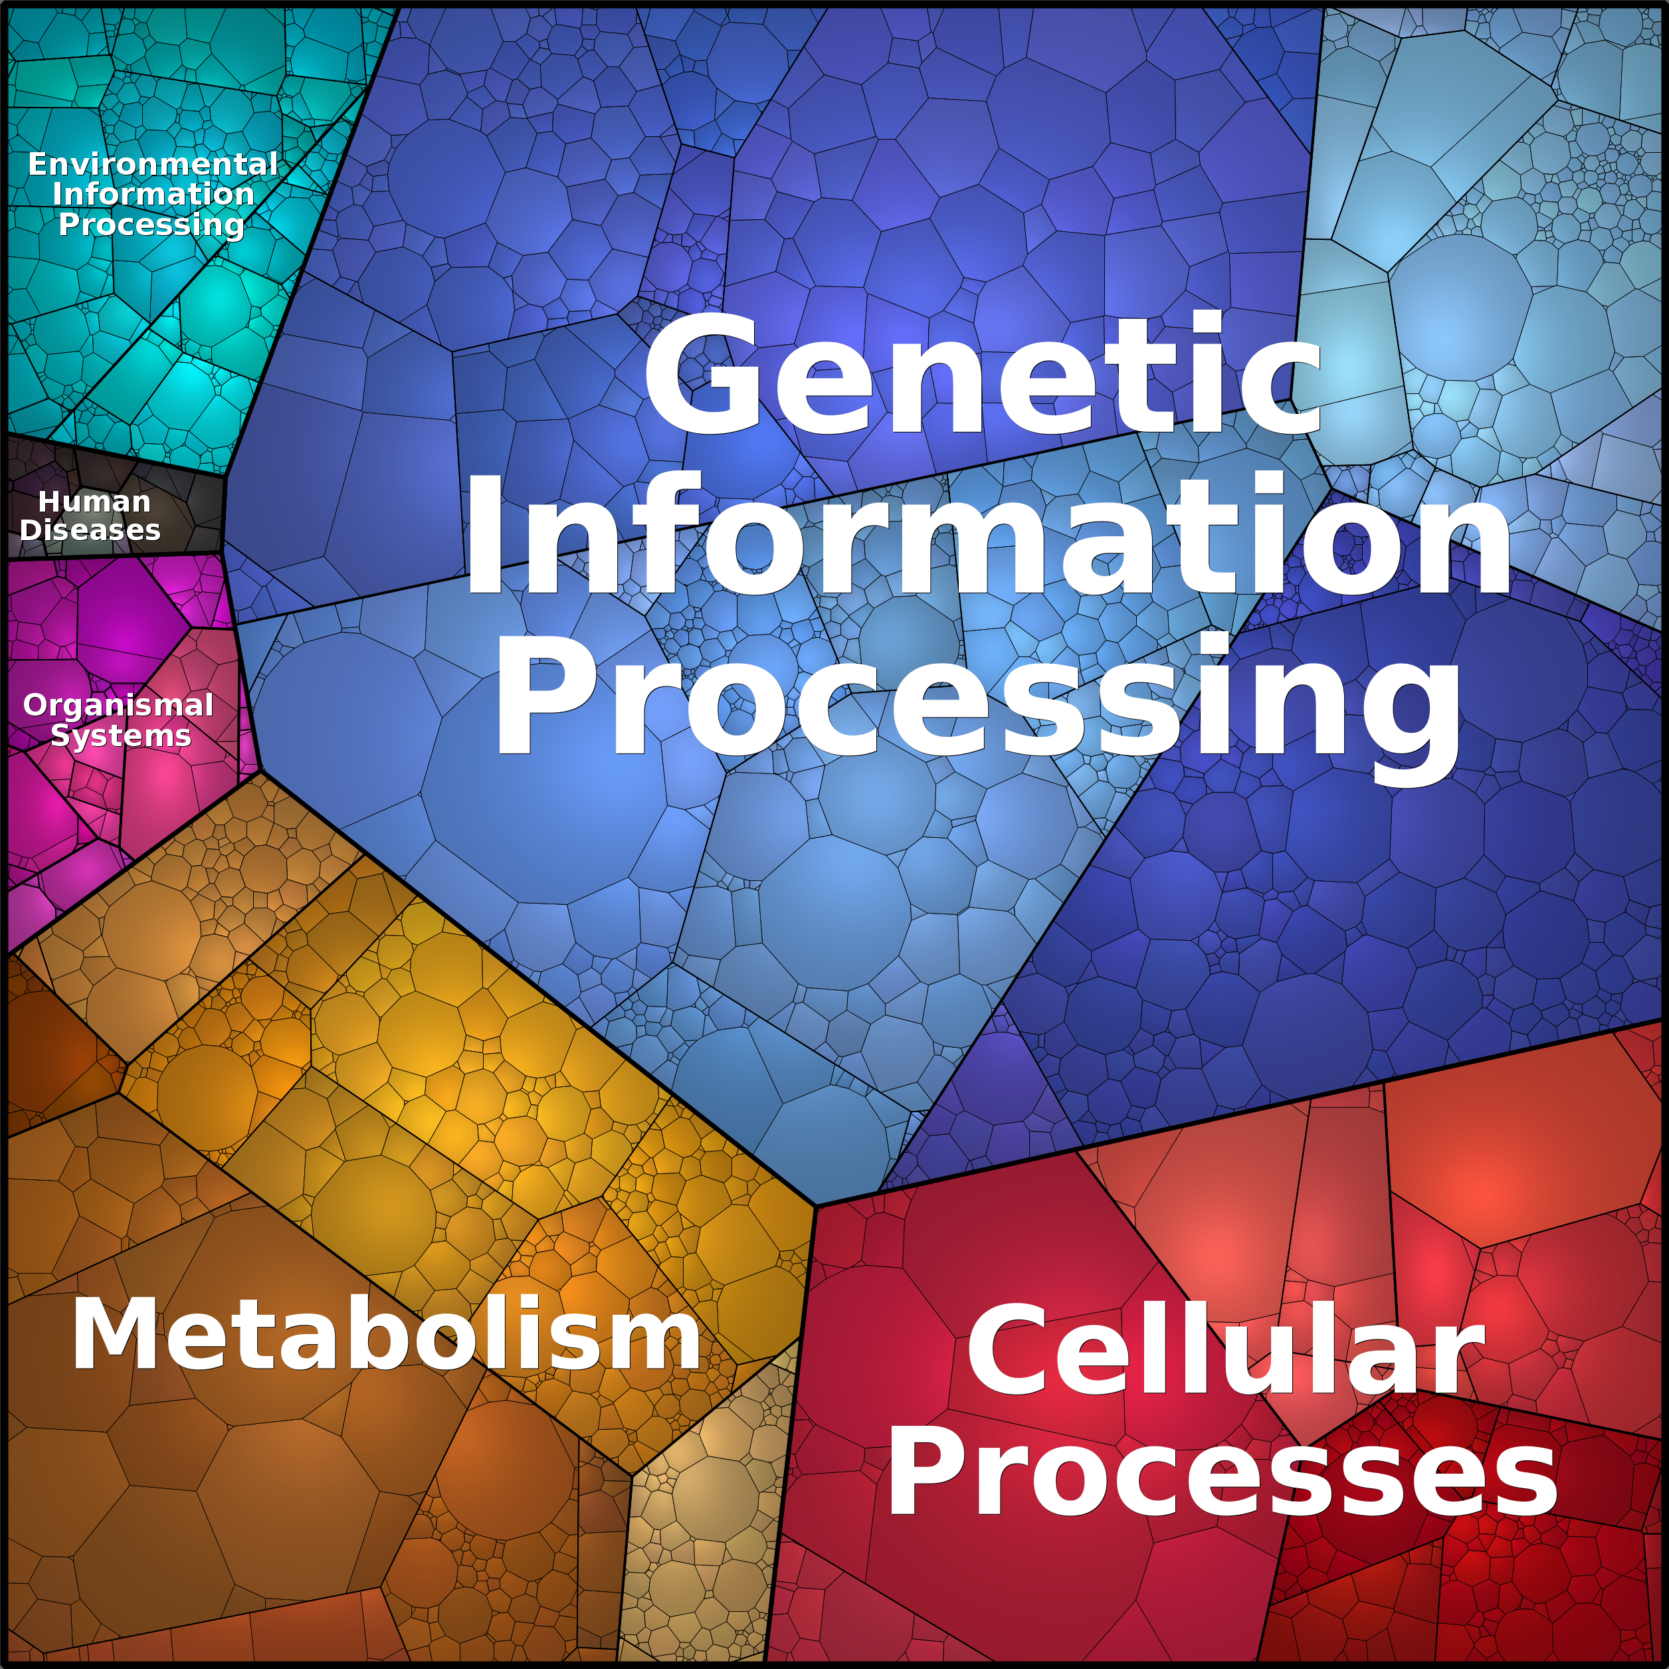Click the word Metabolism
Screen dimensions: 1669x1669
coord(386,1334)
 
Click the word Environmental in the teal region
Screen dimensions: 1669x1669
coord(153,163)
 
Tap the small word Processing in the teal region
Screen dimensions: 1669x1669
coord(152,225)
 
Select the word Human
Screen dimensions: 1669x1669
coord(94,501)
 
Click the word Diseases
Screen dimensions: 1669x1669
coord(90,530)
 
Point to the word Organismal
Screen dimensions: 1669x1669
coord(118,705)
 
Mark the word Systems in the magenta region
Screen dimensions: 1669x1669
coord(121,736)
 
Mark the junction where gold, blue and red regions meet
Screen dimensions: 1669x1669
coord(815,1205)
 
